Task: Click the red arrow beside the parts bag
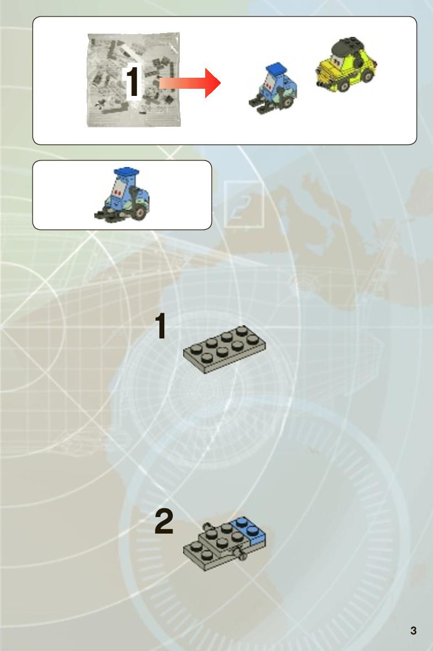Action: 190,83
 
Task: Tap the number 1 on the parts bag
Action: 132,82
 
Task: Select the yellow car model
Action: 346,64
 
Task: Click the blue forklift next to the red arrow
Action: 273,89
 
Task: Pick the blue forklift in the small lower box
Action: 122,195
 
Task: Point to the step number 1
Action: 161,326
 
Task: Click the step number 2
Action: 164,521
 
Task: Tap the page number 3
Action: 413,630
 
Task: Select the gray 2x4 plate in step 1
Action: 224,349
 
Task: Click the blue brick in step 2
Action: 250,530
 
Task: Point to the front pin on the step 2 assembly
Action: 239,554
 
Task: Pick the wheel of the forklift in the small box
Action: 141,212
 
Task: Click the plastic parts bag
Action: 133,80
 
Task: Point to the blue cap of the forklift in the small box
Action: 126,172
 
